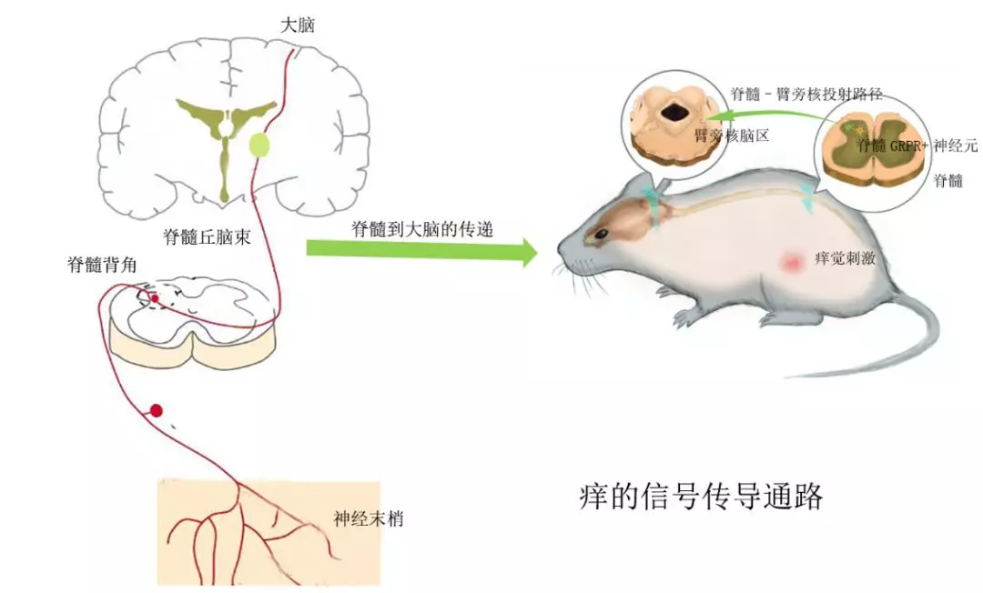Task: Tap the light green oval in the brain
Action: [x=259, y=145]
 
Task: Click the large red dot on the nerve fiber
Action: [x=156, y=410]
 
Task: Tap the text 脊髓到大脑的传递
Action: [x=422, y=229]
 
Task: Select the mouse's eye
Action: [x=602, y=235]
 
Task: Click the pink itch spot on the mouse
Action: [x=791, y=262]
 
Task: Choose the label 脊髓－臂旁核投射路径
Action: [x=806, y=93]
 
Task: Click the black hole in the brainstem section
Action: [x=674, y=113]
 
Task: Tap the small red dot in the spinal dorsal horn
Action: [x=154, y=297]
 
